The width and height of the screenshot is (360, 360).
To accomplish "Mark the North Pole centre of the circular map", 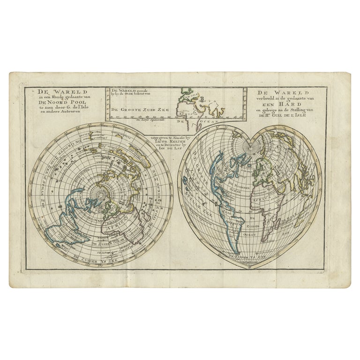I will (x=100, y=194).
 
